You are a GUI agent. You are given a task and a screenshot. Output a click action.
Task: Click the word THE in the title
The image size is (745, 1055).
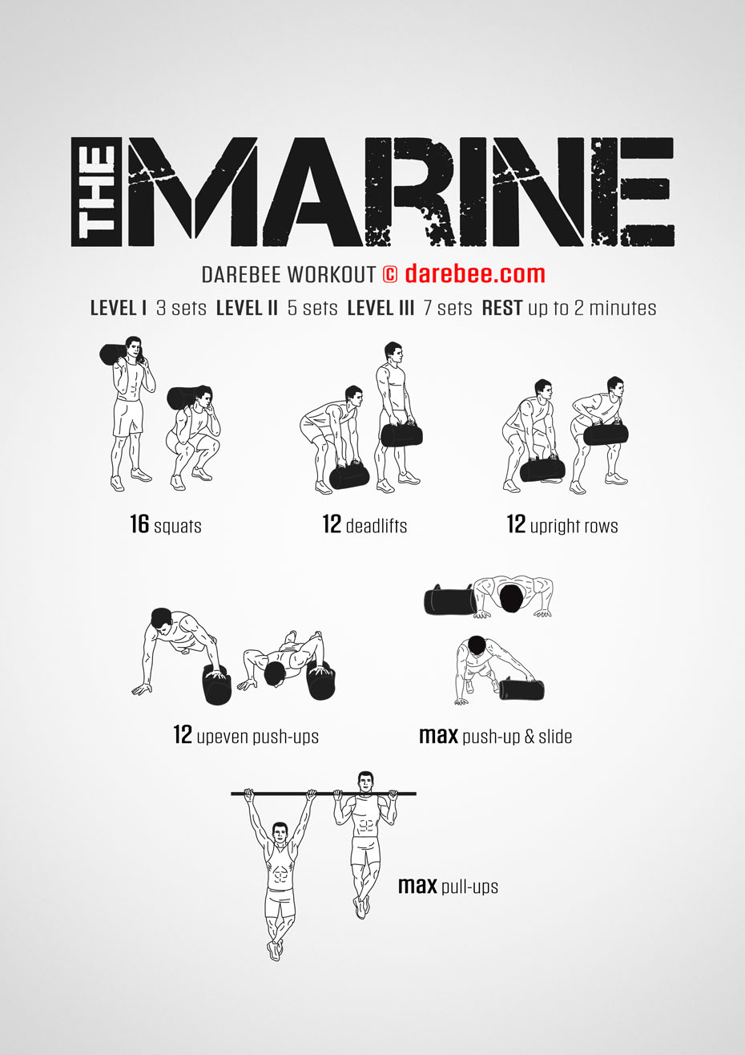[x=97, y=192]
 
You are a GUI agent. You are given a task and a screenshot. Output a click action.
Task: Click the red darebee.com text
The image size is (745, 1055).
[x=474, y=274]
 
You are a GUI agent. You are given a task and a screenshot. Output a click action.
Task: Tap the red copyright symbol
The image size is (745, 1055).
[x=390, y=274]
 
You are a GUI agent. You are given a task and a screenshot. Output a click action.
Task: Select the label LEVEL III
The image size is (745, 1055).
[x=381, y=308]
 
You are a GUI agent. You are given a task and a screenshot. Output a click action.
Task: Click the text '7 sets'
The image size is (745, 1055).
[x=448, y=308]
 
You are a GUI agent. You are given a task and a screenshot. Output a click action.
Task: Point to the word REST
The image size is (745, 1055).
[x=502, y=308]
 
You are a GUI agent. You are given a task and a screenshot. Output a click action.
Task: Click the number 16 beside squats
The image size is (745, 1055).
[x=139, y=525]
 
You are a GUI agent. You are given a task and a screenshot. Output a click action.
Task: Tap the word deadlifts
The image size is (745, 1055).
[x=376, y=527]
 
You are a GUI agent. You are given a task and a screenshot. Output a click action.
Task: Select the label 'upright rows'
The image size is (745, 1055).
[x=574, y=527]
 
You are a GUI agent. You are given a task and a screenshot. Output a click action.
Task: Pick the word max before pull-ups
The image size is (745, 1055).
[x=417, y=886]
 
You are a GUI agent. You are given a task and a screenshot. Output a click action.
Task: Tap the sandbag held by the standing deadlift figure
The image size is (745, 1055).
[x=401, y=435]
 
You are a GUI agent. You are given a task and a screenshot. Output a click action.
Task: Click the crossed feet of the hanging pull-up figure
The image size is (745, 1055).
[x=276, y=949]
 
